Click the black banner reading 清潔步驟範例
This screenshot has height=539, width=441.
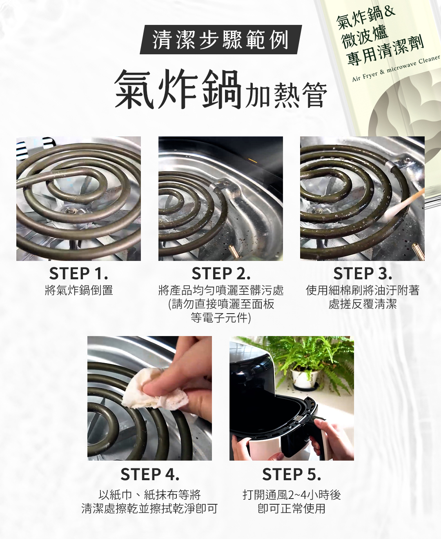click(221, 40)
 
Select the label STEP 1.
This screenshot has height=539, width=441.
click(79, 274)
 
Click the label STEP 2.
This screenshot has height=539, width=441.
click(221, 274)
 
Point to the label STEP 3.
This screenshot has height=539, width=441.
click(363, 274)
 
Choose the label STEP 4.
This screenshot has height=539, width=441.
click(150, 474)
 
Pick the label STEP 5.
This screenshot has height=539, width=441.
click(292, 474)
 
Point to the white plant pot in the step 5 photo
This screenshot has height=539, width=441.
click(305, 379)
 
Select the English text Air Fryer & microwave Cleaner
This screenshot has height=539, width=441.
click(396, 68)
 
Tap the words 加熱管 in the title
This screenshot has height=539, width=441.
click(285, 95)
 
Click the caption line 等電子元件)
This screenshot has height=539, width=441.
click(221, 318)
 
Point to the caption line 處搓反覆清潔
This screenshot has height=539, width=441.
click(363, 304)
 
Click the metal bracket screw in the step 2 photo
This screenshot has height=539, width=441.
click(226, 184)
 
